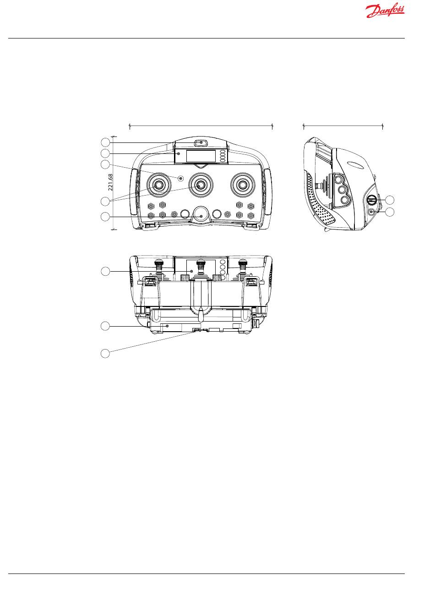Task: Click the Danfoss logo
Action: click(386, 11)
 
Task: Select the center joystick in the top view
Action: click(200, 184)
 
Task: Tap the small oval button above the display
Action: click(200, 143)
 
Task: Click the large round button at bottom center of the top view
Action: click(200, 213)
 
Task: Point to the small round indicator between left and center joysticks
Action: click(181, 178)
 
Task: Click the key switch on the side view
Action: click(373, 200)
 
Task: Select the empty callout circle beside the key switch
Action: click(390, 200)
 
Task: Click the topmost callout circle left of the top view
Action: click(106, 142)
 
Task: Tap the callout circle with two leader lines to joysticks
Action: click(106, 201)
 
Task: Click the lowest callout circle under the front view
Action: click(105, 353)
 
